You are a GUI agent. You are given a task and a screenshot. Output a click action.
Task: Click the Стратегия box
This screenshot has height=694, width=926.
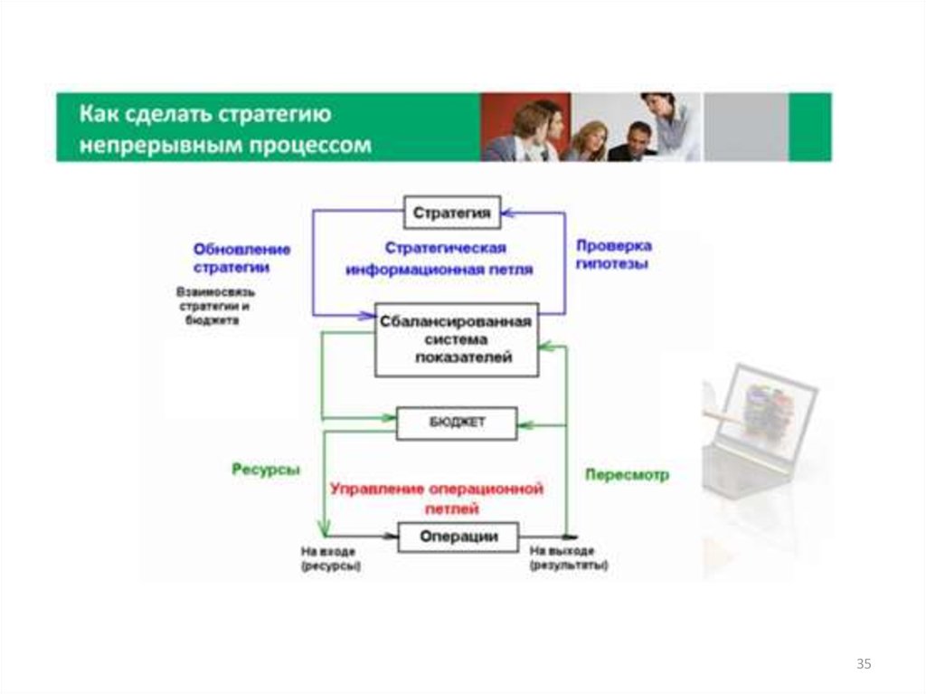click(451, 214)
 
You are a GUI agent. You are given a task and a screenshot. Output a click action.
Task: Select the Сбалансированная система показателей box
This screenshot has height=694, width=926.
click(457, 339)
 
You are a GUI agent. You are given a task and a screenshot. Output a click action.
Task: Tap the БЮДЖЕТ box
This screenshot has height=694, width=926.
click(457, 423)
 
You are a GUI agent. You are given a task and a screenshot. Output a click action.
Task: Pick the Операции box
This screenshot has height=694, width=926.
click(458, 537)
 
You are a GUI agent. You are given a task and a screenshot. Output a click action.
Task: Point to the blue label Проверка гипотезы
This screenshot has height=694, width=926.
click(613, 255)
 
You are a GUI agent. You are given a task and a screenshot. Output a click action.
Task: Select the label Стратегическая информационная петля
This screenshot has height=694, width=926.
click(445, 258)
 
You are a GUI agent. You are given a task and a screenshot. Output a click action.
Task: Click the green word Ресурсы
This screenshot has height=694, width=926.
click(265, 470)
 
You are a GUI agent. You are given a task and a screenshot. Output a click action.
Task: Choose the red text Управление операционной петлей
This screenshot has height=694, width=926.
click(437, 499)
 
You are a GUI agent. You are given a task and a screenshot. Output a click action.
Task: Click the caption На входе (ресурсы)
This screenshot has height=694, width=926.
click(330, 557)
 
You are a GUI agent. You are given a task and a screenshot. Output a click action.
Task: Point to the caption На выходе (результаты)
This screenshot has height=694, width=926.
click(568, 557)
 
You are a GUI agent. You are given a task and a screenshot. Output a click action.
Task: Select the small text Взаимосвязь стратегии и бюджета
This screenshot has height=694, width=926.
click(215, 307)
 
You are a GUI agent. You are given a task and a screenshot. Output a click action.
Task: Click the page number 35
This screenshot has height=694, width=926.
click(863, 665)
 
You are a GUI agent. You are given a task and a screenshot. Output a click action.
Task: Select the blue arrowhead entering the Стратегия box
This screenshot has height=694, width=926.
click(506, 214)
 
